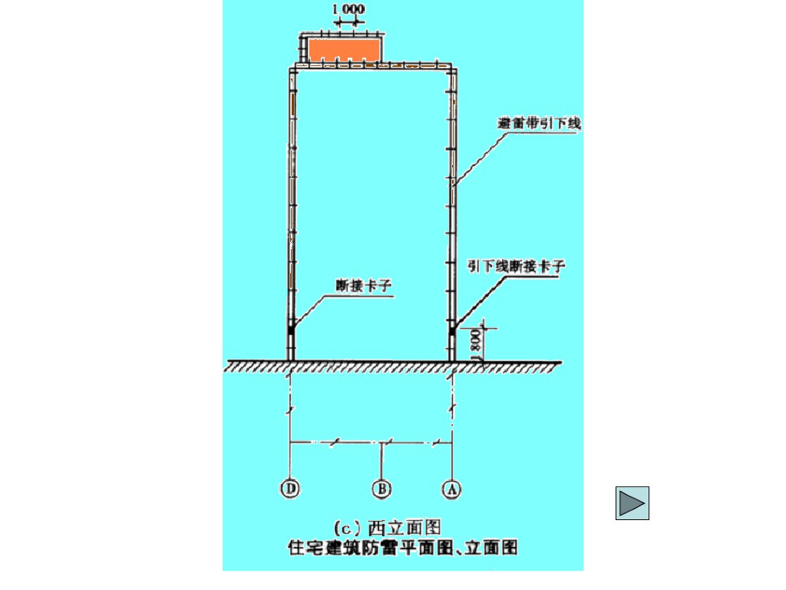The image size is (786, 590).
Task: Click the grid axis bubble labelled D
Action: (x=291, y=489)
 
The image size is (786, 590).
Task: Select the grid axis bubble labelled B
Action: (x=381, y=489)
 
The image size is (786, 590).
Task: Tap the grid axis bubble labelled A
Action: (x=452, y=489)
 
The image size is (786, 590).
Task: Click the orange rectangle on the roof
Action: (x=345, y=50)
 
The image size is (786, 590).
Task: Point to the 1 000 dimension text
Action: (x=348, y=10)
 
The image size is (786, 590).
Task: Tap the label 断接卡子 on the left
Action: (x=364, y=286)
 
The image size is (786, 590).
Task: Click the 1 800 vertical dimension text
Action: (x=476, y=343)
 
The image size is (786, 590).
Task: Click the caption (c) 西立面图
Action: (x=388, y=528)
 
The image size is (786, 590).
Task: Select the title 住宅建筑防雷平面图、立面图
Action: (x=402, y=548)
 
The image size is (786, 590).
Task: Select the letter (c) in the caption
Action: (x=345, y=528)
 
